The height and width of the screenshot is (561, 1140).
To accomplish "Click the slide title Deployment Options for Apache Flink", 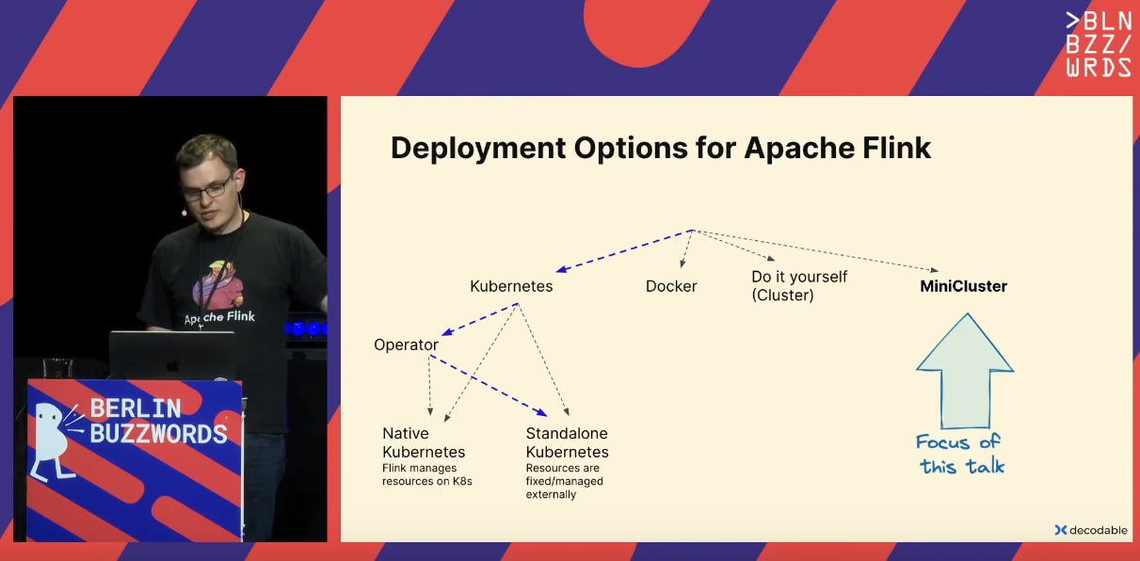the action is click(x=661, y=148).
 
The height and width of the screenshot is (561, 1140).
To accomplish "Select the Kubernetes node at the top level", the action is click(x=511, y=286).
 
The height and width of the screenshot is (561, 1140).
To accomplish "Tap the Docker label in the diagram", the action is click(x=671, y=286).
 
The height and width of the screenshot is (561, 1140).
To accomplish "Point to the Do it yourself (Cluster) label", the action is click(x=799, y=285).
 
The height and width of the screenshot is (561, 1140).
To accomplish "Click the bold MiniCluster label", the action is click(x=963, y=286).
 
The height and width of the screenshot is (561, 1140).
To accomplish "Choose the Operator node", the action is click(x=406, y=345).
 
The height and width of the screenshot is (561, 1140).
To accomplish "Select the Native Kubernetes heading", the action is click(x=424, y=442).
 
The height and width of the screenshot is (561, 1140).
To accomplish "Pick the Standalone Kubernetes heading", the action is click(x=567, y=442).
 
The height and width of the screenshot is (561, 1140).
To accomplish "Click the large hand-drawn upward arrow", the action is click(x=965, y=371).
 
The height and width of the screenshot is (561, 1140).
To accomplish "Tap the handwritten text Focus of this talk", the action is click(x=960, y=454).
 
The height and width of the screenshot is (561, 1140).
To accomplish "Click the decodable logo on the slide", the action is click(x=1091, y=530).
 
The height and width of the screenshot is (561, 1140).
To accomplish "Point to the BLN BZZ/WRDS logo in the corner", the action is click(x=1099, y=44).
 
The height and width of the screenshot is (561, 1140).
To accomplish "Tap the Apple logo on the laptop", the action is click(x=172, y=365).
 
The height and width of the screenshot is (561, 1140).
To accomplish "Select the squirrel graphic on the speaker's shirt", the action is click(x=217, y=285).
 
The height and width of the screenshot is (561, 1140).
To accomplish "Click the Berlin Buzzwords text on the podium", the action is click(x=158, y=422).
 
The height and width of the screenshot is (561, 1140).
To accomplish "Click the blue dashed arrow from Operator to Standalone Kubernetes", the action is click(x=488, y=385).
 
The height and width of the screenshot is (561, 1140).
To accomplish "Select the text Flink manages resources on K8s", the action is click(x=427, y=474).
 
